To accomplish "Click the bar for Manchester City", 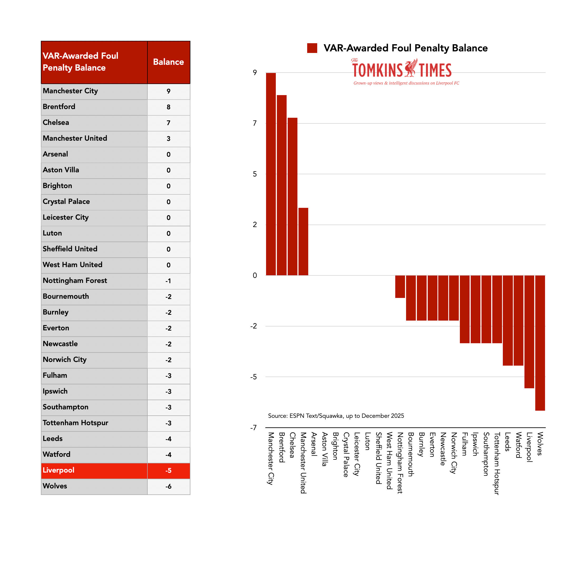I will coord(271,174).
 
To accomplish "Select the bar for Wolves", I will coord(540,343).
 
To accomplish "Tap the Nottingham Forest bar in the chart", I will coord(400,286).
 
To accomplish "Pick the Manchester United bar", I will coord(303,242).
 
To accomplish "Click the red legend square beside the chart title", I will coord(312,48).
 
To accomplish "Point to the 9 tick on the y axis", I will coord(255,73).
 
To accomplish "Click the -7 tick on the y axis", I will coord(253,428).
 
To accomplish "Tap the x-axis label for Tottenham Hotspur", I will coord(497,463).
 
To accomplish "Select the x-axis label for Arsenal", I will coord(314,444).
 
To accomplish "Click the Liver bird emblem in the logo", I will coord(411,68).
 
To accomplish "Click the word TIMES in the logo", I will coord(435,70).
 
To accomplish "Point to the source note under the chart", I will coord(336,416).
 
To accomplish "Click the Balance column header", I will coord(168,62).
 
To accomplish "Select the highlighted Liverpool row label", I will coord(59,470).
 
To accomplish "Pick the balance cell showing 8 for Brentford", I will coord(168,107).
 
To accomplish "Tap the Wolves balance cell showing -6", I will coord(168,486).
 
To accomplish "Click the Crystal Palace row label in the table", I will coord(66,202).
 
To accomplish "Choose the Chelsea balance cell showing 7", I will coord(168,123).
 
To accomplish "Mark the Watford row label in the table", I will coord(57,454).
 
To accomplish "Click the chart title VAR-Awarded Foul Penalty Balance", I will coord(405,48).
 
